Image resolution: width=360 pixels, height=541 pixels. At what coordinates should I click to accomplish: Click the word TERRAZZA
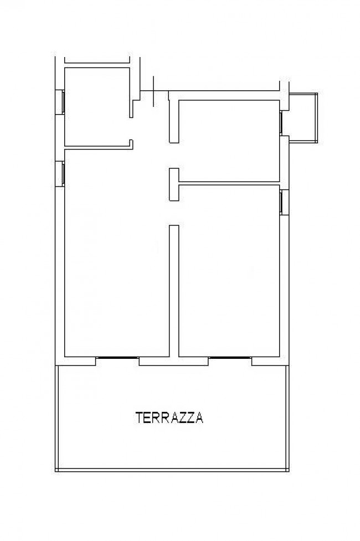pos(169,418)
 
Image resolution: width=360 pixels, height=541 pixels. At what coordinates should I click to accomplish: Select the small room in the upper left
pos(97,105)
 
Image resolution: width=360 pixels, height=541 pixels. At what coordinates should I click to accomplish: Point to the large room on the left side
pos(116,255)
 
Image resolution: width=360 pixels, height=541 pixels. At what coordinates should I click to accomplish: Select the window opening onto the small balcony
pos(281,123)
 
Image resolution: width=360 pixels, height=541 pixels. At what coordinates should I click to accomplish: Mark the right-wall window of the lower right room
pos(281,202)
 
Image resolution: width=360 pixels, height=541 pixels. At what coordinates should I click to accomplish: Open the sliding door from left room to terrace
pos(117,358)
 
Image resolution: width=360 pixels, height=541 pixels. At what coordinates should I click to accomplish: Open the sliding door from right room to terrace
pos(230,358)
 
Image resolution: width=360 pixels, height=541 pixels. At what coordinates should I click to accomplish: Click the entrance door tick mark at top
pos(153,90)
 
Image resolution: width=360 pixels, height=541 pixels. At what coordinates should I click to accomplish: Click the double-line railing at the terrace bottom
pos(173,470)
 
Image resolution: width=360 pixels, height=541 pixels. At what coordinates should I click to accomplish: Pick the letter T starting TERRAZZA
pos(139,418)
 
